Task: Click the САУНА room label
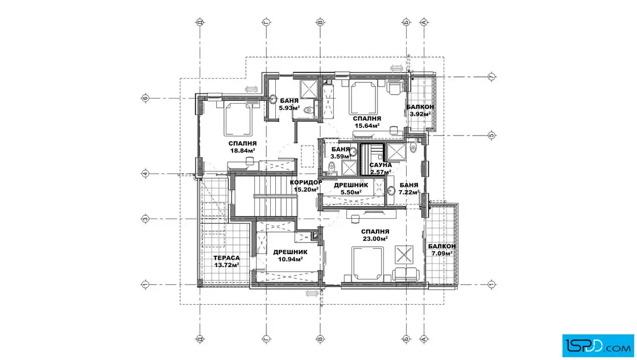[380, 165]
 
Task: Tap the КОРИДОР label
[306, 182]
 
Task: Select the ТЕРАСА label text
[226, 258]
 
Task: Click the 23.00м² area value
[375, 239]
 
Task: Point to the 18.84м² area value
[242, 150]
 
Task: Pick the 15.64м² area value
[367, 126]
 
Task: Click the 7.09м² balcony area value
[442, 253]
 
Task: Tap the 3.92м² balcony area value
[420, 114]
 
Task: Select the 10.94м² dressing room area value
[290, 259]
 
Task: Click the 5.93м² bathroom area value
[289, 108]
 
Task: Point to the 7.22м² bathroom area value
[409, 193]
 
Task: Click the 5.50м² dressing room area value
[351, 193]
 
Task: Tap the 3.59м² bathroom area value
[340, 157]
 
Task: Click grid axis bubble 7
[491, 76]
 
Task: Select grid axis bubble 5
[491, 135]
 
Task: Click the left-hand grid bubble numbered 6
[145, 98]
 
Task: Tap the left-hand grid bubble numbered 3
[145, 219]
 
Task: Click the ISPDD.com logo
[598, 346]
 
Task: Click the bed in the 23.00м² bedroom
[367, 264]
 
